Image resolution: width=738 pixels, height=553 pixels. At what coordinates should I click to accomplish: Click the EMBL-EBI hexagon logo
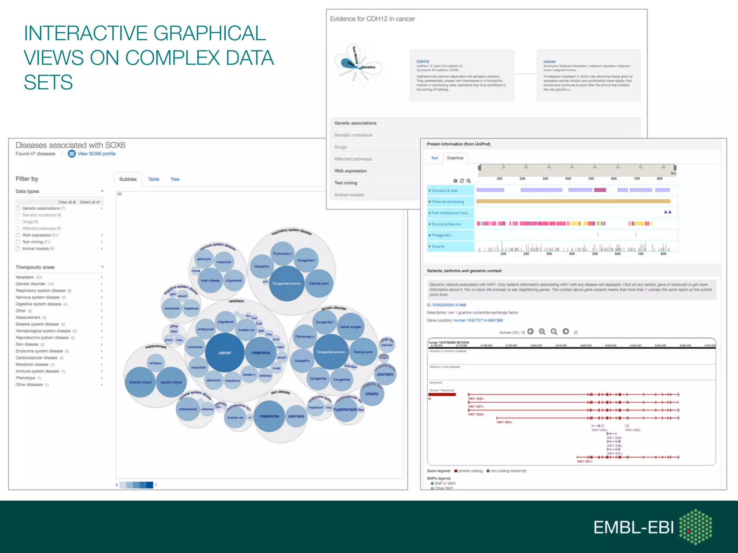point(695,527)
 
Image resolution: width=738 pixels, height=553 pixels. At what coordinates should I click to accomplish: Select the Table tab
point(154,179)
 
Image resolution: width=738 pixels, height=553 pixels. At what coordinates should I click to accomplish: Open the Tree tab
point(175,179)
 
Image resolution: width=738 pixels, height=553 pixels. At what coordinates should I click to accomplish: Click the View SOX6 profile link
point(96,154)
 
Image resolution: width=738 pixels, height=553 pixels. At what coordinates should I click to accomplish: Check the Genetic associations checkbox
point(18,208)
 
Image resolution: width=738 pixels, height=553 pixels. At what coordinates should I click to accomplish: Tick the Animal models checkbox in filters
point(18,249)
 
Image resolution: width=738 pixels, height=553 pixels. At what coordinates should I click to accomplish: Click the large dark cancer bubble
point(224,352)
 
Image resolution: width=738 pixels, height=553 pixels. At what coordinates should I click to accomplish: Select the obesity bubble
point(372,394)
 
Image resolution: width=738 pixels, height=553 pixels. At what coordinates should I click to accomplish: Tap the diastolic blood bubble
point(140,382)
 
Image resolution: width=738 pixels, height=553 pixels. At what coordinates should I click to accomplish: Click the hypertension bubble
point(345,409)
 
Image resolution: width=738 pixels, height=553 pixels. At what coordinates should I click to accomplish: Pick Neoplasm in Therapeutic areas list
point(25,277)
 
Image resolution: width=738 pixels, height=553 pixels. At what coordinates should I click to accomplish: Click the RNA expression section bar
point(375,171)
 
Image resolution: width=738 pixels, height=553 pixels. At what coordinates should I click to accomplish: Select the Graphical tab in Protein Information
point(455,158)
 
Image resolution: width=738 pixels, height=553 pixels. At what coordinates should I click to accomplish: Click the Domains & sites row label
point(445,190)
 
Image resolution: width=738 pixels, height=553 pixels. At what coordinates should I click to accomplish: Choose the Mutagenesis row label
point(441,235)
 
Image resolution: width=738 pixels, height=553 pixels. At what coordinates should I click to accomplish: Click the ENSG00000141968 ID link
point(449,305)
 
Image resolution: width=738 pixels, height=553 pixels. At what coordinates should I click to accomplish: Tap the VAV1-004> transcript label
point(504,422)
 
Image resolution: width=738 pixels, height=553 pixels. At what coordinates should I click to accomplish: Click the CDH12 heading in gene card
point(423,62)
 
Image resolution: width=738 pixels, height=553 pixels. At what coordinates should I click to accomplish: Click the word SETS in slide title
point(48,82)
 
